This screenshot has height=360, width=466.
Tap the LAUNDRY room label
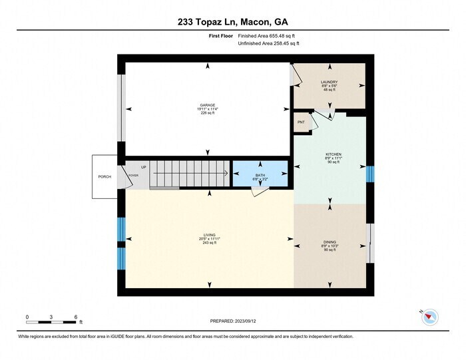click(330, 83)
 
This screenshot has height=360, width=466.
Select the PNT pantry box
click(302, 122)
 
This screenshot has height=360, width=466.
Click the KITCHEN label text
click(333, 154)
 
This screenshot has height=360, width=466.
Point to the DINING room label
click(330, 242)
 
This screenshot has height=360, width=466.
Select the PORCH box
click(105, 177)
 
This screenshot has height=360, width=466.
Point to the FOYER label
click(133, 176)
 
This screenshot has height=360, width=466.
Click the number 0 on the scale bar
click(27, 316)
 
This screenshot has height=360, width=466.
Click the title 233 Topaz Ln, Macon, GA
click(233, 22)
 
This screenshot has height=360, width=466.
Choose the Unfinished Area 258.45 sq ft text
click(268, 43)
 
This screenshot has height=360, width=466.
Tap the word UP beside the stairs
click(143, 167)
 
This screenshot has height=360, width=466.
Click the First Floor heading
click(221, 36)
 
